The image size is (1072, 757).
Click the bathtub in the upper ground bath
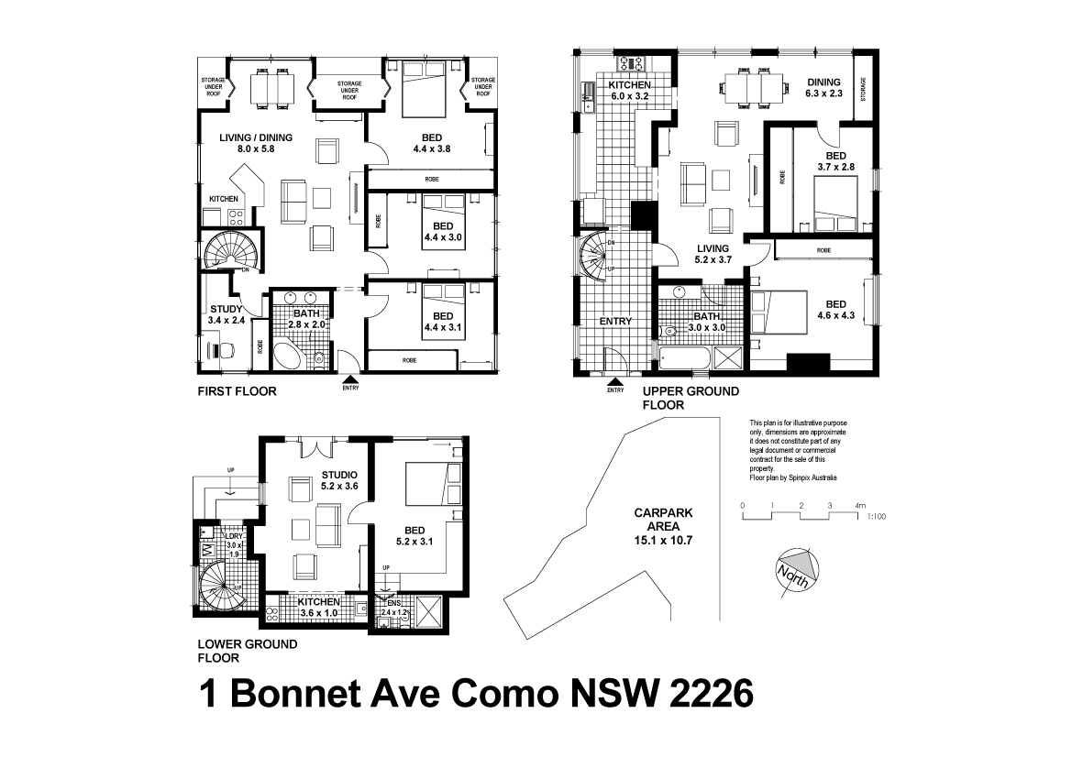click(x=686, y=359)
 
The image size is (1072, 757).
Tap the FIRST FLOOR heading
click(x=238, y=391)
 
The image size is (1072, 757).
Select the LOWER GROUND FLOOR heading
click(x=248, y=651)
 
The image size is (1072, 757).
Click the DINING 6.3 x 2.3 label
click(x=823, y=87)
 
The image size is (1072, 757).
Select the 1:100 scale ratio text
click(x=877, y=517)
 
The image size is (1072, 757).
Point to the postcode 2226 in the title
click(x=708, y=694)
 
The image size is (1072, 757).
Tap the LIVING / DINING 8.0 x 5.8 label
click(x=256, y=143)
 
